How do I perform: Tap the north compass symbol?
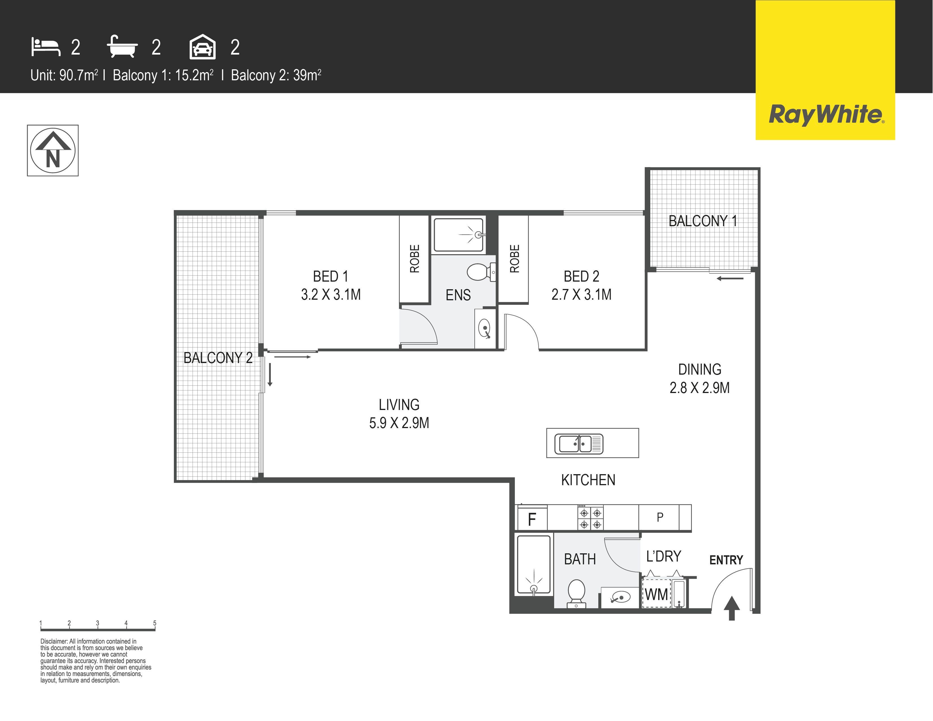coord(53,150)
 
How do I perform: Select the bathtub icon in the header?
coord(122,47)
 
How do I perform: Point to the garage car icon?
coord(202,47)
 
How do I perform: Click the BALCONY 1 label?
coord(703,221)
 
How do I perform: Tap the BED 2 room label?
coord(581,276)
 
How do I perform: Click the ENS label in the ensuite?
coord(458,295)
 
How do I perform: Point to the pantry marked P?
coord(660,517)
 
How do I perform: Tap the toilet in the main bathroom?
coord(576,593)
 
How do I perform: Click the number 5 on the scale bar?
coord(155,623)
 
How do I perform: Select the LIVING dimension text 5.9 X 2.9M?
coord(399,423)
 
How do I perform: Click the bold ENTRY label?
coord(726,560)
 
